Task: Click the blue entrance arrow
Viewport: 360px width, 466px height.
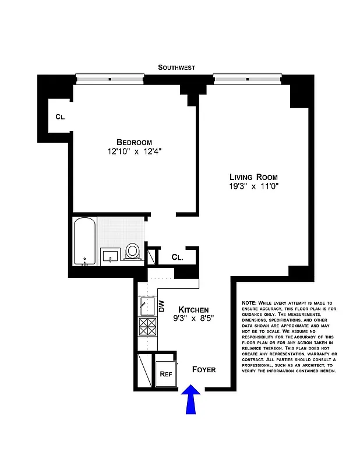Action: coord(191,400)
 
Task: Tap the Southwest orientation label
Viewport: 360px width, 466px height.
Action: coord(177,68)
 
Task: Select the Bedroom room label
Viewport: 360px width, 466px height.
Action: coord(134,142)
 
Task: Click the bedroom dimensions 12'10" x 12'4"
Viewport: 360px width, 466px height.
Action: coord(134,153)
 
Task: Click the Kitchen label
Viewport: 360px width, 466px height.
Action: coord(193,309)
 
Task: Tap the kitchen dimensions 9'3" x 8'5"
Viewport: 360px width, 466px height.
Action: coord(193,319)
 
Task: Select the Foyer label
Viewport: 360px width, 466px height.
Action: coord(204,369)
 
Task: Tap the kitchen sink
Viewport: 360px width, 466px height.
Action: coord(144,305)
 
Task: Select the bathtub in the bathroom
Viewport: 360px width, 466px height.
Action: coord(85,242)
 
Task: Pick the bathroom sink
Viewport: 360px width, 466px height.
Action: coord(111,255)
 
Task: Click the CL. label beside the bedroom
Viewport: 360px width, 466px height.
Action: coord(61,116)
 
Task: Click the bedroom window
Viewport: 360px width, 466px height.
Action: coord(110,77)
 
